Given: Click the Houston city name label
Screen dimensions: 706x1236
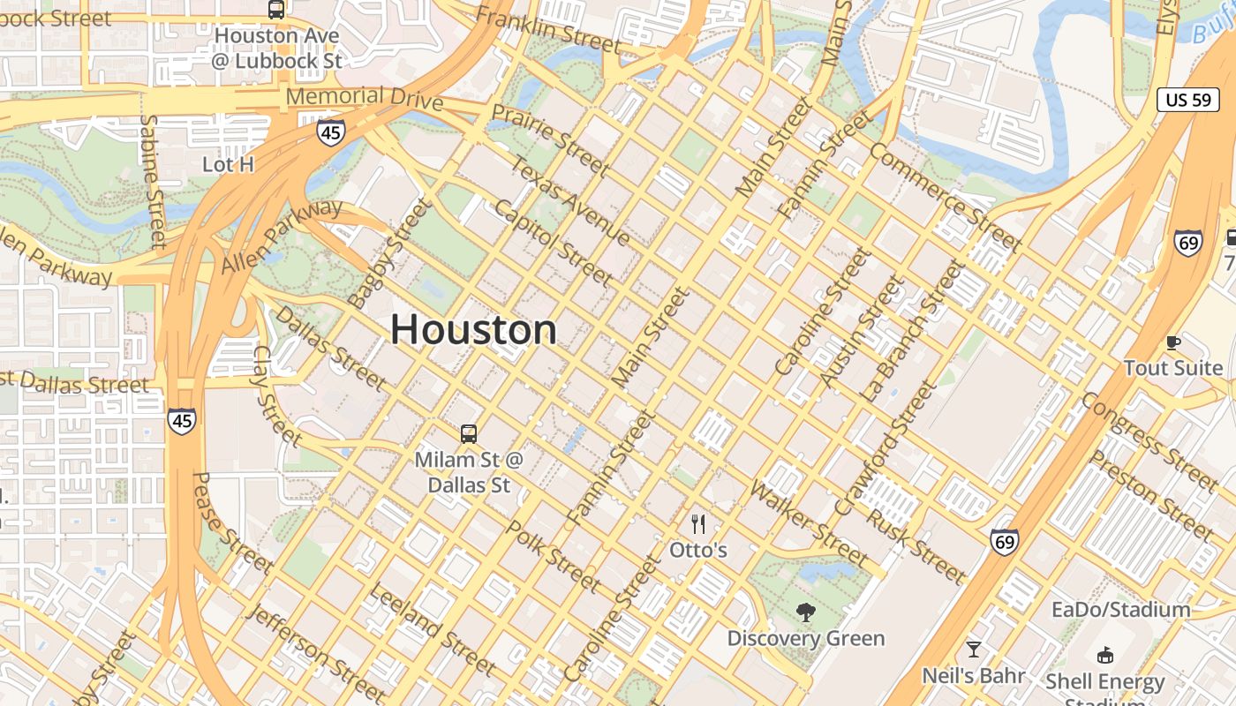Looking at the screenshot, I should [x=474, y=330].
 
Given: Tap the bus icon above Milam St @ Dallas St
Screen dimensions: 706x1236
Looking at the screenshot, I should [x=468, y=433].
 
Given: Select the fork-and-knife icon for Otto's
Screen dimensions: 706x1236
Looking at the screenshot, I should [x=698, y=525].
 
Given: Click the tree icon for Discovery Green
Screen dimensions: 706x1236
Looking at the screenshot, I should [x=805, y=612].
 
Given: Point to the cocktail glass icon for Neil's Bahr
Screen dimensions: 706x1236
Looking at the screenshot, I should [x=974, y=650].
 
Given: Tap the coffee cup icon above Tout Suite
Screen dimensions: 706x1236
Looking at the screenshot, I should [x=1173, y=342].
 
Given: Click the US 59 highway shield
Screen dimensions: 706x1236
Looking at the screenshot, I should [x=1188, y=100].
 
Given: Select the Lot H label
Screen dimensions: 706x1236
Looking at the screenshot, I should [x=228, y=164].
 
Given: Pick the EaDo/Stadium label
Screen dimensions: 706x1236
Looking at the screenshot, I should [x=1120, y=610].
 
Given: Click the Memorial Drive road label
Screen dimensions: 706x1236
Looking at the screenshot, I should [x=365, y=97].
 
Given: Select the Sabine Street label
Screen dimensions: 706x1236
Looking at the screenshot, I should [x=153, y=181].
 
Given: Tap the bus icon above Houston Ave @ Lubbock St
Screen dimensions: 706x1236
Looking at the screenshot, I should [x=276, y=10].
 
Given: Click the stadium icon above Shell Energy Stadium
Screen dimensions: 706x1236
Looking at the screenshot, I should [x=1104, y=655].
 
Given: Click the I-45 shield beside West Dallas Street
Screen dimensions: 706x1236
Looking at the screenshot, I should [x=182, y=421].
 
